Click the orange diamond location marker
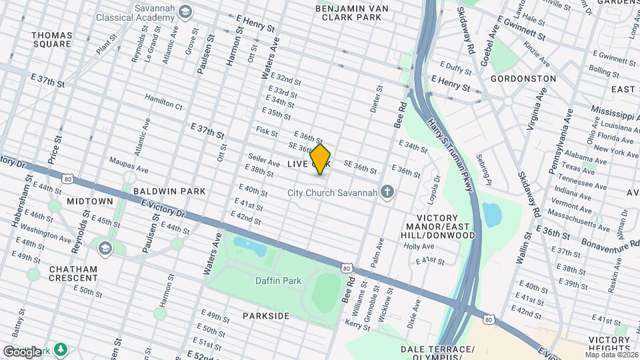pos(321,159)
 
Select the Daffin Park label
pos(274,280)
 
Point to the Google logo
pos(22,351)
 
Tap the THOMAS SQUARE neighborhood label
pos(51,39)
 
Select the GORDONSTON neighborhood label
pos(523,79)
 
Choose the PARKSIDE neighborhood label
pos(265,316)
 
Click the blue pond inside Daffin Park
pos(251,247)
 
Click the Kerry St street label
pos(358,325)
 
